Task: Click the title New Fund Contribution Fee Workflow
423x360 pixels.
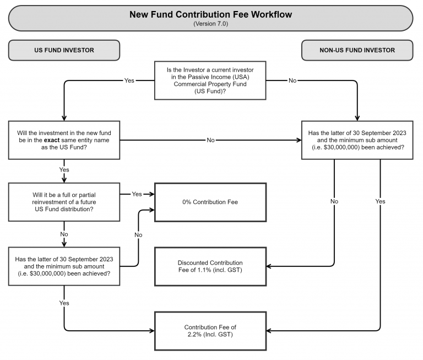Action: tap(210, 14)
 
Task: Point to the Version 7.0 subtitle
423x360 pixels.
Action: tap(210, 24)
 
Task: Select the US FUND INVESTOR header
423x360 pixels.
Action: tap(64, 50)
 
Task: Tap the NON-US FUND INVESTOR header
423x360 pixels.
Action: tap(357, 50)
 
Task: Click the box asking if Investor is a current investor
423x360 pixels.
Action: tap(210, 80)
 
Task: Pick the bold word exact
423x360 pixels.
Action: tap(57, 140)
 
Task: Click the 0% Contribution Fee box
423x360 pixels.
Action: tap(210, 202)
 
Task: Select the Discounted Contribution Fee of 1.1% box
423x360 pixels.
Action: tap(210, 266)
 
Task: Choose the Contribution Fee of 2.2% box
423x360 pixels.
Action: tap(210, 330)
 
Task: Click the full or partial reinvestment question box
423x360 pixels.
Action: tap(64, 202)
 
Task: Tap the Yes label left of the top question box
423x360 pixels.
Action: tap(129, 80)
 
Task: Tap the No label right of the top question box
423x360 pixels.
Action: tap(292, 80)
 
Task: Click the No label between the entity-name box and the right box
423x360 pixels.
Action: tap(210, 140)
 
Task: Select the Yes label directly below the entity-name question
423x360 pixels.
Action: tap(64, 170)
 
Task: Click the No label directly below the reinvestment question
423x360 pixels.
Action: tap(64, 234)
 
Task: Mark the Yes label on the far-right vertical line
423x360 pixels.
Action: tap(380, 201)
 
